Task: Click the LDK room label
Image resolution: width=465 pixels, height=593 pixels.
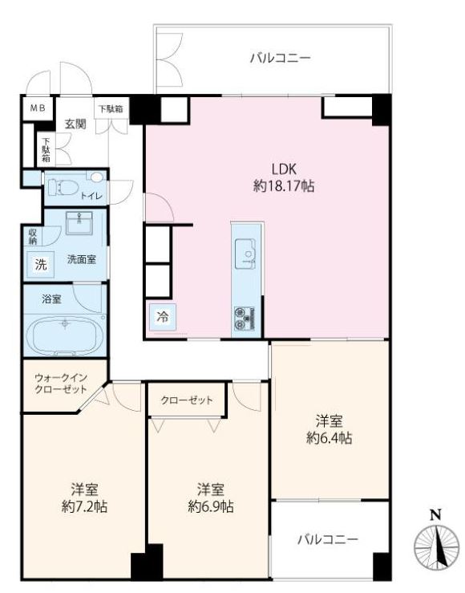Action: click(x=284, y=169)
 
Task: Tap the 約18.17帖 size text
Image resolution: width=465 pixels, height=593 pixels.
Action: click(x=284, y=186)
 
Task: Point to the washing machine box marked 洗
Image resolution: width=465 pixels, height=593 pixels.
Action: click(x=41, y=264)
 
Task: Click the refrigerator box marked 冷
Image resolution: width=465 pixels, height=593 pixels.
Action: click(x=163, y=317)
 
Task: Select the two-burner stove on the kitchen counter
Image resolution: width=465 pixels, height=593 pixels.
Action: click(x=245, y=319)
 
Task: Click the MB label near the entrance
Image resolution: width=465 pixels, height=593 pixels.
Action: click(x=38, y=108)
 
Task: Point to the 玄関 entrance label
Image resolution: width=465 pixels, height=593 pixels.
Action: click(x=75, y=124)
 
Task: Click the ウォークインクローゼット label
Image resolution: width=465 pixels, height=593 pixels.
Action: click(x=61, y=384)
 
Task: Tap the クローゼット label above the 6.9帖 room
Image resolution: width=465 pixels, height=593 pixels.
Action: click(x=187, y=400)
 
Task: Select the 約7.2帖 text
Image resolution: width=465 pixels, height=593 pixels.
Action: click(x=85, y=506)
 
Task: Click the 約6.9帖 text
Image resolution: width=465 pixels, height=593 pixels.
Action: click(x=210, y=506)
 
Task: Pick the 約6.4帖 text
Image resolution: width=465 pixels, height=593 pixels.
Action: click(x=329, y=438)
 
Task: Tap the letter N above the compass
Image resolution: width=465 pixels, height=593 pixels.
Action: click(x=436, y=514)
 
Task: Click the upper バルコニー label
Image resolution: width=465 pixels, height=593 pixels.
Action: click(x=281, y=59)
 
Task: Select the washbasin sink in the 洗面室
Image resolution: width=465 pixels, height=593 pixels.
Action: click(x=79, y=223)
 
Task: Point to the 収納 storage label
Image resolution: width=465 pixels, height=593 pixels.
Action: click(x=33, y=237)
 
